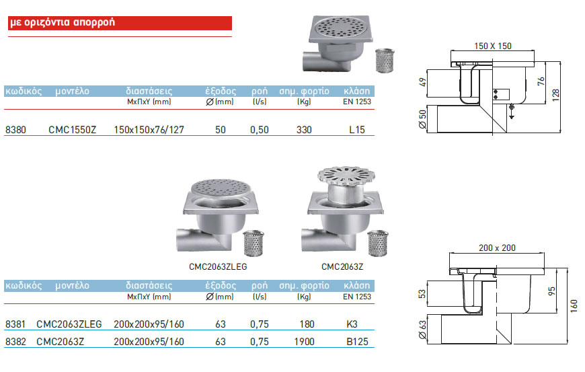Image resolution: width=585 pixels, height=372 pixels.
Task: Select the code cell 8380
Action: (x=15, y=129)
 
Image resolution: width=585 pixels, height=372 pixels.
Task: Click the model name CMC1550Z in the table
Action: (x=73, y=129)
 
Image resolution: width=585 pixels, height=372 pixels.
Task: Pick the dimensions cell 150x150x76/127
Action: (x=149, y=129)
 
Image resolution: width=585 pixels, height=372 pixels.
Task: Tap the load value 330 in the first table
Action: (x=304, y=129)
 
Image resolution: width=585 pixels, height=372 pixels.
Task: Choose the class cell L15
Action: (x=357, y=129)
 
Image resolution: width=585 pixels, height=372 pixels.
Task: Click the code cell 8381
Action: (x=15, y=324)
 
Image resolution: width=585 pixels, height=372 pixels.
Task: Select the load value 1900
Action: (x=304, y=342)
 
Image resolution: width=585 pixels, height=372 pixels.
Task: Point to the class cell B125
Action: (x=357, y=342)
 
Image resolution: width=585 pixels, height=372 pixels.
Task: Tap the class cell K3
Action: (x=352, y=324)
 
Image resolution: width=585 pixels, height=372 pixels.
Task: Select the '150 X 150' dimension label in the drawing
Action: (x=492, y=45)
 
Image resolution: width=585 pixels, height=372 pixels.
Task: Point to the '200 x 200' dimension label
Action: (x=498, y=248)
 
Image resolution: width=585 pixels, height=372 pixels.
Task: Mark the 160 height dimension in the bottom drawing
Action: (x=573, y=302)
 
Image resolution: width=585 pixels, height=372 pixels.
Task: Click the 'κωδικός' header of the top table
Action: (x=24, y=90)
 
